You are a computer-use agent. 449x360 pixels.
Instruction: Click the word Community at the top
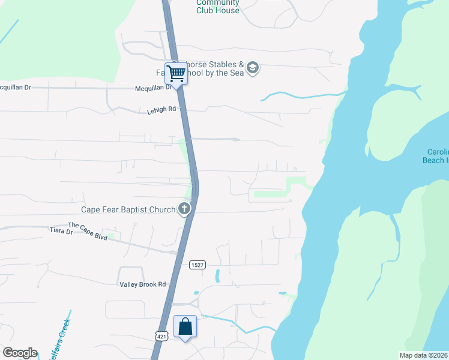coord(218,2)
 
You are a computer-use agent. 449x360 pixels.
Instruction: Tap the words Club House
coord(218,10)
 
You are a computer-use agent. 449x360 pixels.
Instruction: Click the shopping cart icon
coord(176,74)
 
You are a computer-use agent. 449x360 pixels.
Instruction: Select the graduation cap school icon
coord(253,67)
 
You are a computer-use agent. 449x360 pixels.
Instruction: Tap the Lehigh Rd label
coord(161,110)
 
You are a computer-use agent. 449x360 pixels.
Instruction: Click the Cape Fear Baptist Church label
coord(128,209)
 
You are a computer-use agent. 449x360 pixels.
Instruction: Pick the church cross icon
coord(184,209)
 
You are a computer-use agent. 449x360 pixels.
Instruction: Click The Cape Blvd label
coord(87,233)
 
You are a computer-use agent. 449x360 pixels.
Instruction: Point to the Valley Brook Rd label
coord(142,284)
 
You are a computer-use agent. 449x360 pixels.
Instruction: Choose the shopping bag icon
coord(185,327)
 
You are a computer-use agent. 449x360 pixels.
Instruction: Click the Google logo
coord(20,353)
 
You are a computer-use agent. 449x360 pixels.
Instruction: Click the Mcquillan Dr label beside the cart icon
coord(152,88)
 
